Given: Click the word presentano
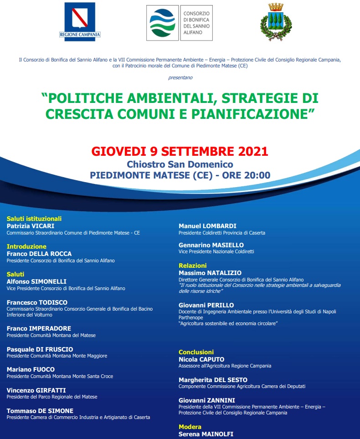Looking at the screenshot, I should coord(180,77).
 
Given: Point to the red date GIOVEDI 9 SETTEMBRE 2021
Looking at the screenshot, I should coord(180,151).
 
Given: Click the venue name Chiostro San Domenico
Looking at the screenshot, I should coord(180,164).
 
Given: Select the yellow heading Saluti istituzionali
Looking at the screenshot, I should coord(34,219).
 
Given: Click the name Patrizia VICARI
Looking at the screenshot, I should coord(31,226).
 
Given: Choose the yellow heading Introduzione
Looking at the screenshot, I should coord(26,246).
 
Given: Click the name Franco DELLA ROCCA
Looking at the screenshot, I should coord(39,254).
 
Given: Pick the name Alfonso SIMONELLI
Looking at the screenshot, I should coord(36,281).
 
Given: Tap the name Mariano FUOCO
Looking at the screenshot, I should coord(31,369).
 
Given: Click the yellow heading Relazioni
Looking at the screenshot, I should coord(192,265).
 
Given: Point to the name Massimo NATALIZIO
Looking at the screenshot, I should coord(210,273).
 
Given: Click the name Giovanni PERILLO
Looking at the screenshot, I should coord(206,305).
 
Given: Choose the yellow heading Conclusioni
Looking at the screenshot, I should coord(196,352).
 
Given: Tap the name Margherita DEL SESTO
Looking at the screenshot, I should coord(213,380).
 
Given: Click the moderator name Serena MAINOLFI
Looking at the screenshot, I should coord(206,434).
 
